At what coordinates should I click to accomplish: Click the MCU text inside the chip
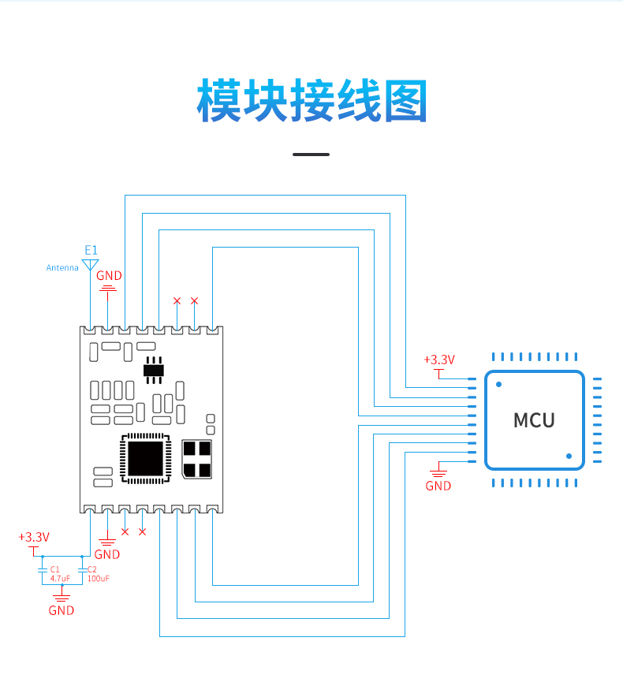coord(534,420)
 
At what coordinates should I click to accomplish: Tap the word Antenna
coord(62,267)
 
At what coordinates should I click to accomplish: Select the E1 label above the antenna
coord(91,250)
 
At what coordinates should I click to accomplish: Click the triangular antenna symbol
coord(90,265)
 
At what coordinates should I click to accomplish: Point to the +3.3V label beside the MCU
coord(439,360)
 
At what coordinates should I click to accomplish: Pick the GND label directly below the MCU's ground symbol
coord(438,486)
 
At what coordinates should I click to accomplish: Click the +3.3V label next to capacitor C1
coord(34,537)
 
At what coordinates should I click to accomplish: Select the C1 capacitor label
coord(54,569)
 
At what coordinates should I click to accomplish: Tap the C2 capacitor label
coord(92,569)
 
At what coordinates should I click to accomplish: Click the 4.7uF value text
coord(60,578)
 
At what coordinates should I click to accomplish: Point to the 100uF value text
coord(99,578)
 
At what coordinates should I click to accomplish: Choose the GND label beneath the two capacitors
coord(62,610)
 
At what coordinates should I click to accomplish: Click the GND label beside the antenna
coord(109,276)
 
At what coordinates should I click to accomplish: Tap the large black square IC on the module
coord(145,458)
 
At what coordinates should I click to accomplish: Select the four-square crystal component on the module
coord(197,459)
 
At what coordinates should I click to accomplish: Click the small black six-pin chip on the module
coord(154,370)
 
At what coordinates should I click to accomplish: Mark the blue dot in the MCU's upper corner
coord(499,385)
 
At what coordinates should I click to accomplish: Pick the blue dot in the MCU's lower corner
coord(569,456)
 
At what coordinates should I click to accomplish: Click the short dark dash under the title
coord(311,155)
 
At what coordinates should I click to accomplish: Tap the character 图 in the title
coord(405,102)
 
